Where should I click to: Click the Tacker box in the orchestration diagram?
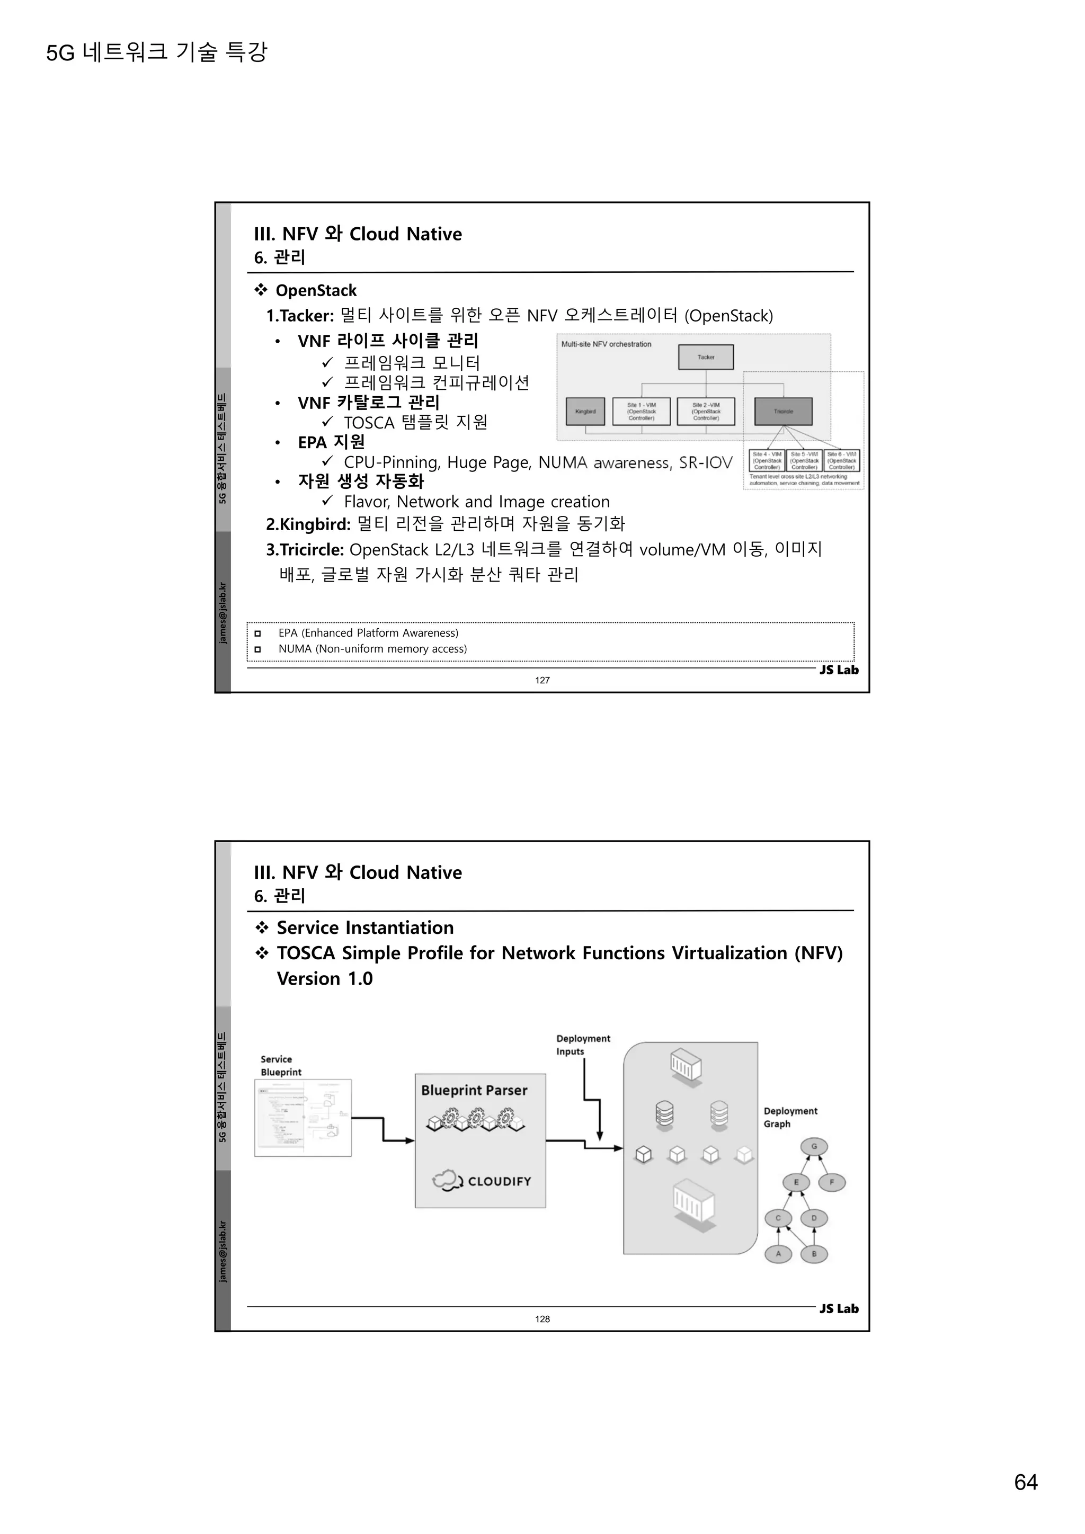(706, 357)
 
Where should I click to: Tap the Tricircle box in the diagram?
(783, 412)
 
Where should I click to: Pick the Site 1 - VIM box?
(642, 412)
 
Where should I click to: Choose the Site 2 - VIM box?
(706, 412)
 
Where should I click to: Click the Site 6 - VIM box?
(842, 460)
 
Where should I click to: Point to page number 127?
(542, 680)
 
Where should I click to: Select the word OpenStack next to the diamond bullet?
(316, 291)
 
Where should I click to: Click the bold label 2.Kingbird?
(308, 524)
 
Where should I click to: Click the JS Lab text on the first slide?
(839, 670)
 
